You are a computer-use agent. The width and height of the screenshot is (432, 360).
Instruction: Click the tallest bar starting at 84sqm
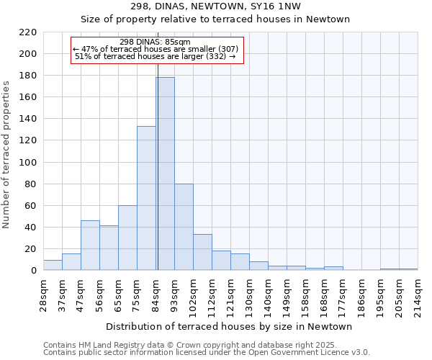coord(165,174)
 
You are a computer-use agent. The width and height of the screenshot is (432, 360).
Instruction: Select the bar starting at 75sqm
coord(146,198)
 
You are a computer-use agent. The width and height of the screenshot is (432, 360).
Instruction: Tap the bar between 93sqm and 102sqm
coord(184,227)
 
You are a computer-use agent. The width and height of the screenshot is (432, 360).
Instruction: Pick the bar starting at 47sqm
coord(90,246)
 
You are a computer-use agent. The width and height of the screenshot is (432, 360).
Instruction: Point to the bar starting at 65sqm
coord(127,238)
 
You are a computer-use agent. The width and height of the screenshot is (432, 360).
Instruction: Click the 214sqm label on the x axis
coord(418,295)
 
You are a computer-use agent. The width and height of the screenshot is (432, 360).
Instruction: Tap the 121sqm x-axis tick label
coord(230,295)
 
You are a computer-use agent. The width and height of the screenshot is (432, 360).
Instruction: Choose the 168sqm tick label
coord(324,295)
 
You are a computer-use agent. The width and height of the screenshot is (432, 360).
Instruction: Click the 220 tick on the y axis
coord(28,32)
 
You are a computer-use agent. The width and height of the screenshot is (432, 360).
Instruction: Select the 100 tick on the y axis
coord(28,162)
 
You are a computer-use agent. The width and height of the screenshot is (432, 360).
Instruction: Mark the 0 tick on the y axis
coord(33,271)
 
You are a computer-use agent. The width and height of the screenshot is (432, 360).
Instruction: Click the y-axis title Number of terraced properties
coord(6,154)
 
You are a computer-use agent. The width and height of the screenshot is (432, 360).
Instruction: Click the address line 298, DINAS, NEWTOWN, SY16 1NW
coord(216,6)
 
